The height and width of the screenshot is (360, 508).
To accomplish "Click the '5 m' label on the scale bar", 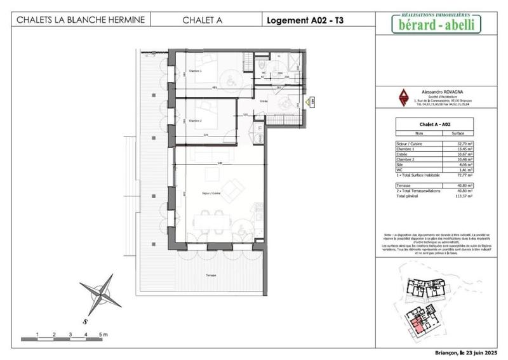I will point(103,333).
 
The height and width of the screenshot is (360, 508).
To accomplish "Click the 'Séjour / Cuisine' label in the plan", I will point(211,192).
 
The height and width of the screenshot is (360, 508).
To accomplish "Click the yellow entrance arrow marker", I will point(311,101).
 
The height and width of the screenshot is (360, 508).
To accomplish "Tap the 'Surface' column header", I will point(457,133).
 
